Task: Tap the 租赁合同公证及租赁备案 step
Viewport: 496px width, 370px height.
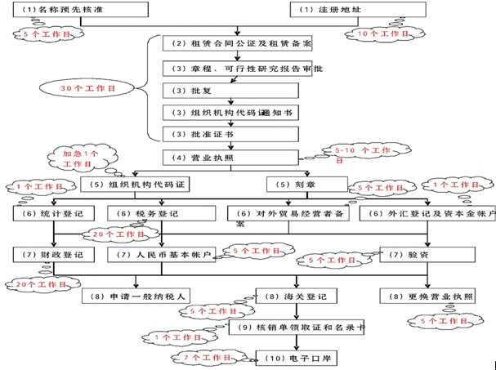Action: point(237,42)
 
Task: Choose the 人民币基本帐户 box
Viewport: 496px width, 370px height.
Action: point(163,255)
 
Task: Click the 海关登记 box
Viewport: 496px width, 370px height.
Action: point(305,295)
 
